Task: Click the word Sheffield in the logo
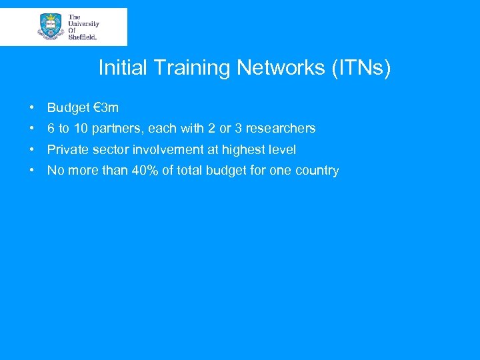(x=83, y=37)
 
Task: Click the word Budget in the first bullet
(x=68, y=108)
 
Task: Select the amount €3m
(x=106, y=108)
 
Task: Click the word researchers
(x=281, y=128)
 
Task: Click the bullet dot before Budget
(x=32, y=108)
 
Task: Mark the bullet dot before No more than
(x=32, y=171)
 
